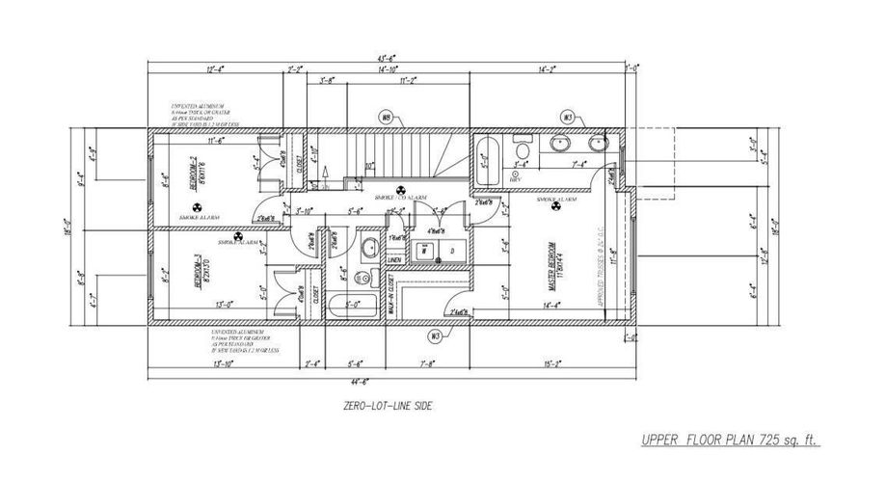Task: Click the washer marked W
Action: coord(423,249)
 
